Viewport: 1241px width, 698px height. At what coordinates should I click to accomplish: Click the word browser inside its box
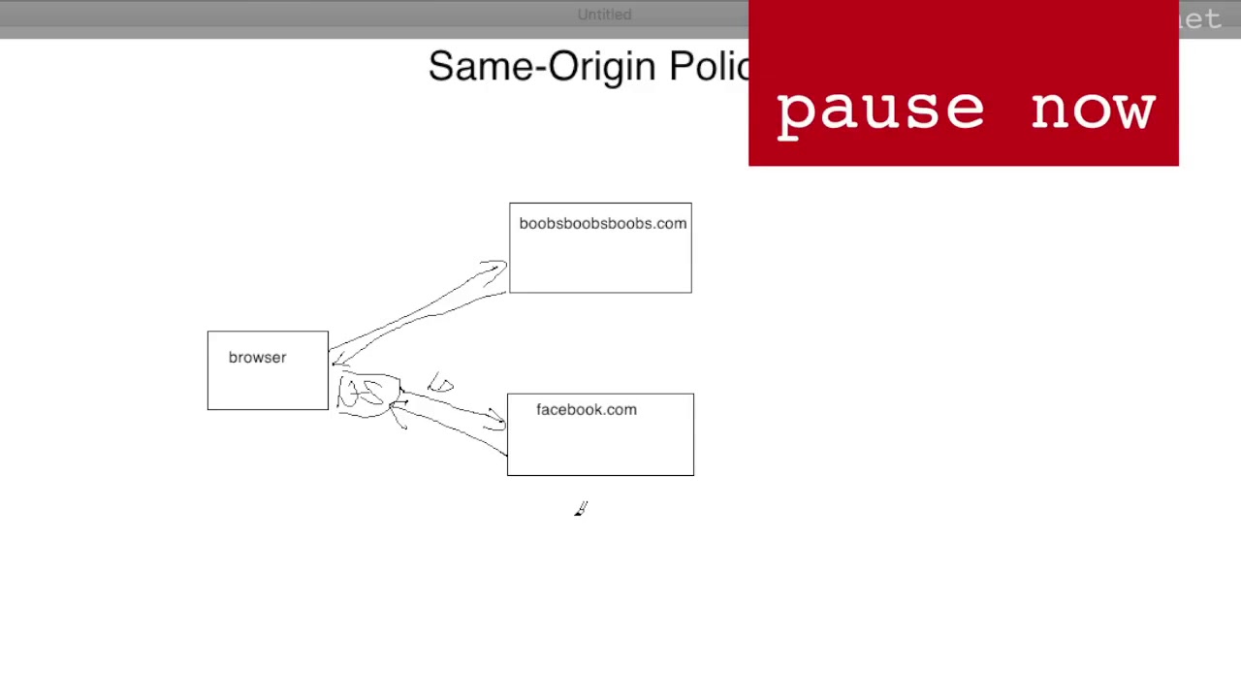pyautogui.click(x=257, y=358)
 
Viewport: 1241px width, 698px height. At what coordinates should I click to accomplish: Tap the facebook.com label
pyautogui.click(x=586, y=410)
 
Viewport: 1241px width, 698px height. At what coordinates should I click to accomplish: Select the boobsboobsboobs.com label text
pyautogui.click(x=602, y=224)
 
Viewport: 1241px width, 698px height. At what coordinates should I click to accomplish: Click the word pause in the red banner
pyautogui.click(x=879, y=110)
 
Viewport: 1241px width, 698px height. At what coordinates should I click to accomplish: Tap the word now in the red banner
pyautogui.click(x=1093, y=110)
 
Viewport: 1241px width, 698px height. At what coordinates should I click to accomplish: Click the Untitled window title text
pyautogui.click(x=604, y=15)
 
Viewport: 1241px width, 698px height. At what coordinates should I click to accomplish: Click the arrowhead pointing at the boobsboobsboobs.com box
pyautogui.click(x=496, y=266)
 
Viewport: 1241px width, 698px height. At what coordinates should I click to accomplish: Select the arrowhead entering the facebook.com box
pyautogui.click(x=496, y=421)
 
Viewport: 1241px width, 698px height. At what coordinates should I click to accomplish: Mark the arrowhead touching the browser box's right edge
pyautogui.click(x=336, y=360)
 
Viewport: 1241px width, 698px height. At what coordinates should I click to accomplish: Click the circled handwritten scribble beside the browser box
pyautogui.click(x=366, y=394)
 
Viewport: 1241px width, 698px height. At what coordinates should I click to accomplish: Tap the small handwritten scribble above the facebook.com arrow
pyautogui.click(x=440, y=385)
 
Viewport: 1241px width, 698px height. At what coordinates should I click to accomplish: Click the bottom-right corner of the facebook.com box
pyautogui.click(x=693, y=475)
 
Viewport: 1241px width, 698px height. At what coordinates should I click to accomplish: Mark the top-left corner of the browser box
pyautogui.click(x=207, y=332)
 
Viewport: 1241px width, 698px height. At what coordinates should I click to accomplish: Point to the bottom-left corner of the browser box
pyautogui.click(x=207, y=409)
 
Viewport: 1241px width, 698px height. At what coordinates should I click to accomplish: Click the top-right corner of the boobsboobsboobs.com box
pyautogui.click(x=691, y=204)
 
